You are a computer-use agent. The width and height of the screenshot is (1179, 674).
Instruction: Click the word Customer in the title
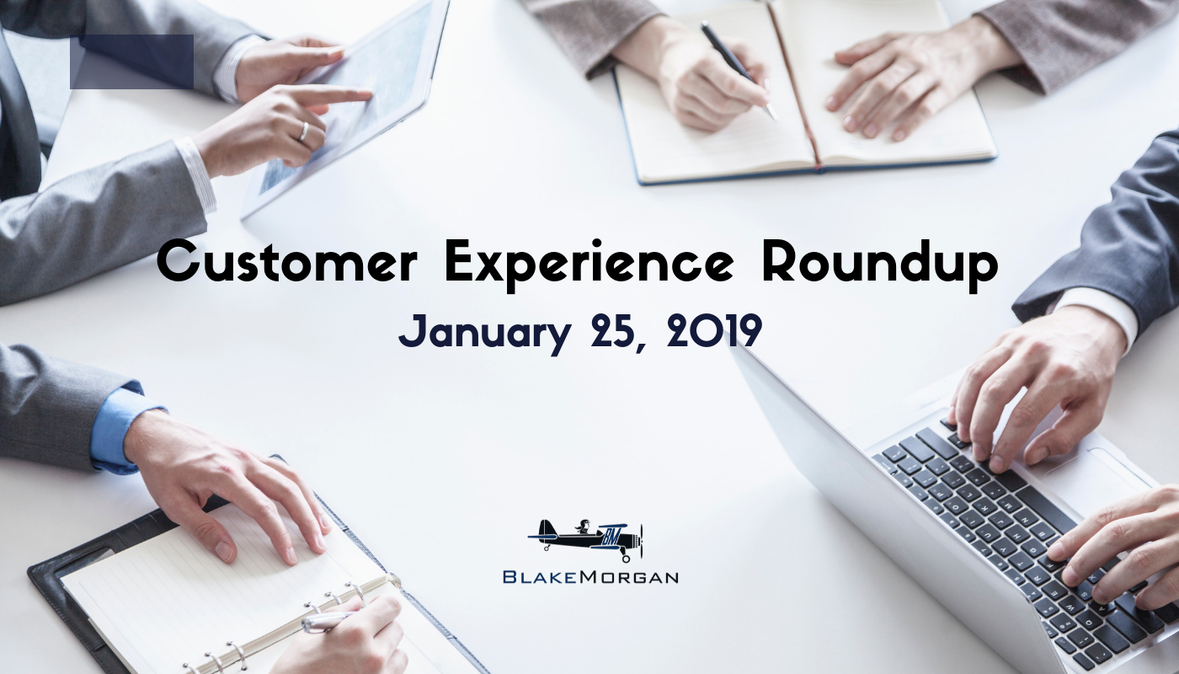pos(287,261)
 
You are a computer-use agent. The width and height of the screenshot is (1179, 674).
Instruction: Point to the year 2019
pos(715,331)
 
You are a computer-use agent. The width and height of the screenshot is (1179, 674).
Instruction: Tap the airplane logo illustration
pos(586,540)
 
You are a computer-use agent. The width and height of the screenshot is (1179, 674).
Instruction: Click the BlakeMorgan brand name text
pos(590,577)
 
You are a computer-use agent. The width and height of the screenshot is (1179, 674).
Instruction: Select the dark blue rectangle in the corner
pos(131,62)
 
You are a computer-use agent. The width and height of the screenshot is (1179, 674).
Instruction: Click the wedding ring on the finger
pos(304,131)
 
